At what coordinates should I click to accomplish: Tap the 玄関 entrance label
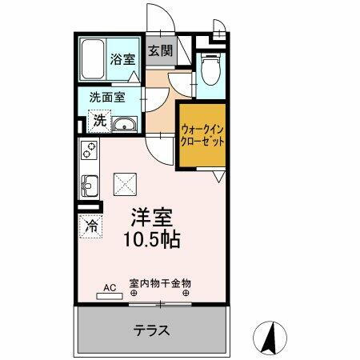(161, 51)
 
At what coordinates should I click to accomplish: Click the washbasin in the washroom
(125, 125)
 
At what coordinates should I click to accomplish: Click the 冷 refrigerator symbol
(91, 226)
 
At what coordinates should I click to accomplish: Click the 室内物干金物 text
(160, 282)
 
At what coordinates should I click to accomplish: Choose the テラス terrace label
(152, 329)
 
